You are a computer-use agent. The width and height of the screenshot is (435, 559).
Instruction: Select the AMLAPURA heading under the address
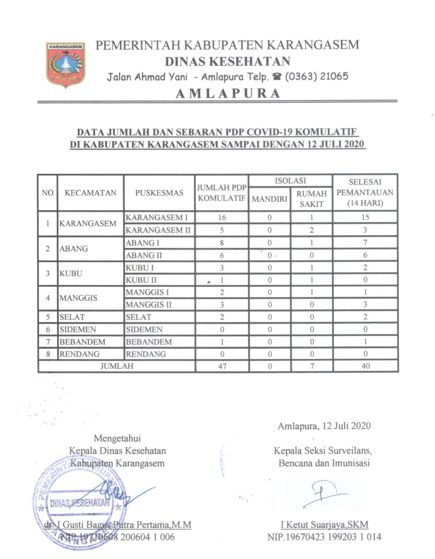click(x=228, y=93)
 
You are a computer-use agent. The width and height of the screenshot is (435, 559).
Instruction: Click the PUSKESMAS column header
click(x=159, y=193)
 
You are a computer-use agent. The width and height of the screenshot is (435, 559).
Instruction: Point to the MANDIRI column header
click(x=269, y=199)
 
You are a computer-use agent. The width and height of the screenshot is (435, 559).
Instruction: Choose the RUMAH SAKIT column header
click(x=311, y=199)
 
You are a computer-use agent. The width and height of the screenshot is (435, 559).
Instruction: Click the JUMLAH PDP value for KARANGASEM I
click(x=222, y=218)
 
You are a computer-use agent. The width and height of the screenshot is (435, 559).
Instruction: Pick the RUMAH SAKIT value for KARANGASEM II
click(x=311, y=230)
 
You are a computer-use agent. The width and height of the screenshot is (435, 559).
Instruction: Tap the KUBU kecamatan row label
click(x=70, y=273)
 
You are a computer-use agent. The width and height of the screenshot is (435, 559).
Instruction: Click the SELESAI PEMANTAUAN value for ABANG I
click(x=365, y=243)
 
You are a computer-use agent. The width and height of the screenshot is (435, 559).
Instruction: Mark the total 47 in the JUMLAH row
click(x=222, y=366)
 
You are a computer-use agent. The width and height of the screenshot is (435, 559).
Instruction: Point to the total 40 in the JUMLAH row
click(x=365, y=366)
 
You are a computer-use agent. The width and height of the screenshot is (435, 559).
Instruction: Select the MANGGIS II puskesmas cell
click(x=149, y=305)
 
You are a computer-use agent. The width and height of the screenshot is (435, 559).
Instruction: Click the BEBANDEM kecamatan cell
click(x=82, y=342)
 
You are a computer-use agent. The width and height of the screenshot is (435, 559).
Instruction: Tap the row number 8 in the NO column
click(x=48, y=354)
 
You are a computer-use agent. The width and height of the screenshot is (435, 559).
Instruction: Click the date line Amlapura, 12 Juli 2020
click(x=324, y=426)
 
